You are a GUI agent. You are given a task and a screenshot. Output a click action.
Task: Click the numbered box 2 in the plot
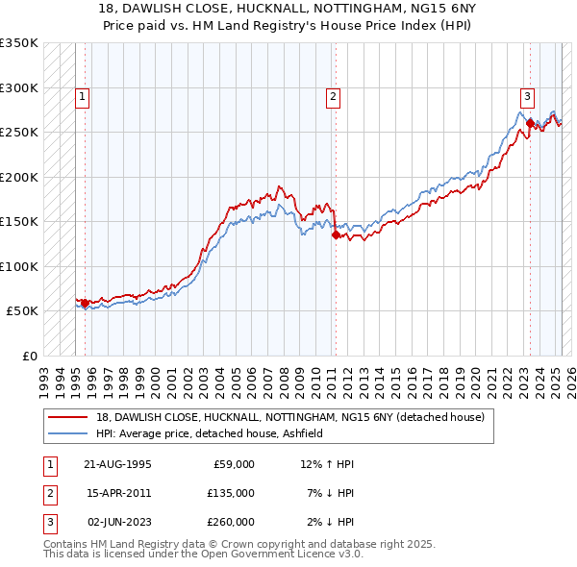[x=333, y=96]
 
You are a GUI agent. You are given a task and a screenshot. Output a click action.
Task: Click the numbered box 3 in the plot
[x=528, y=96]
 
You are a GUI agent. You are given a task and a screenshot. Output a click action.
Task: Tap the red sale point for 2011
[x=336, y=234]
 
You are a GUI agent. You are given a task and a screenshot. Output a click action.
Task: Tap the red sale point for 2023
[x=530, y=122]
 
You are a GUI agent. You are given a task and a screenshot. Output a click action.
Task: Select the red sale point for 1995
[x=85, y=303]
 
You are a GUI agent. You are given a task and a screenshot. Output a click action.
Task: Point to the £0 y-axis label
[x=28, y=356]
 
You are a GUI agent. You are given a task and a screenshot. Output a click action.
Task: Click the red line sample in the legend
[x=68, y=417]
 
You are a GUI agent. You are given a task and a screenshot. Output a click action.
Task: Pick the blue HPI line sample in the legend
[x=68, y=433]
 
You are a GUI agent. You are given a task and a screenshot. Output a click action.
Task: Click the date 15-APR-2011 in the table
[x=118, y=493]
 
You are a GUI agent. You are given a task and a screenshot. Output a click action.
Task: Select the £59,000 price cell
[x=231, y=464]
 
